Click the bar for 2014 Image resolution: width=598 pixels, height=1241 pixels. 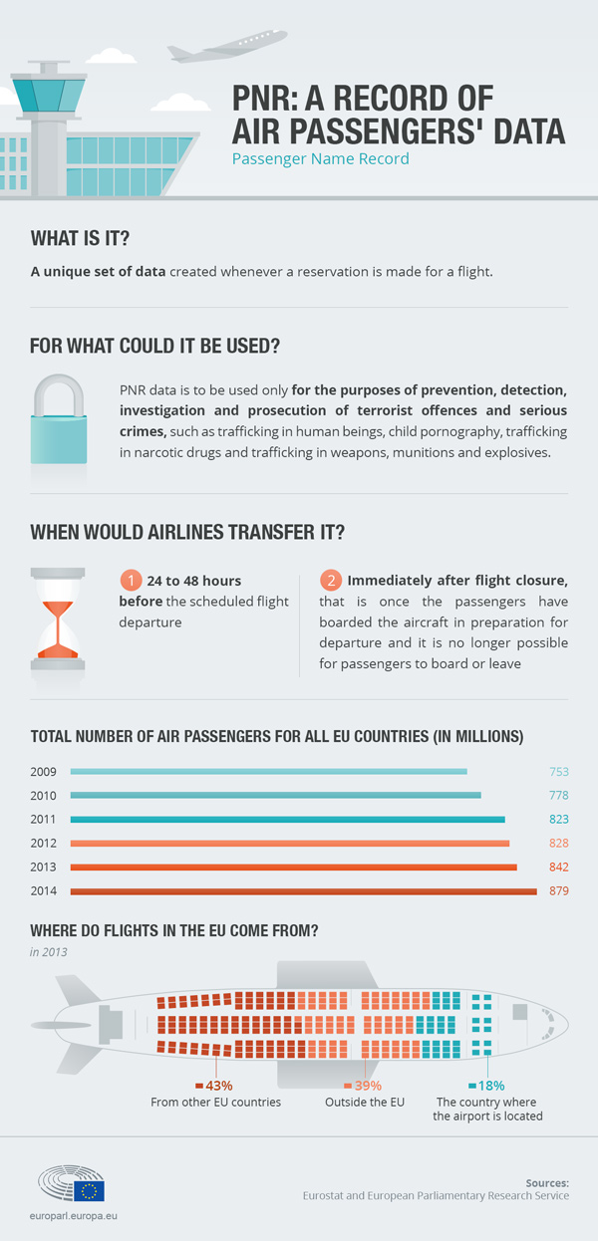point(303,891)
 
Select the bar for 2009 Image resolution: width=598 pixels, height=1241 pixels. point(269,772)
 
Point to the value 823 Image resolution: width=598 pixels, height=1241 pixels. point(559,820)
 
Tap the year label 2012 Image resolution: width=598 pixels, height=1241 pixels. point(43,844)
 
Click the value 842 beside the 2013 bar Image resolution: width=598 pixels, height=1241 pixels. point(559,868)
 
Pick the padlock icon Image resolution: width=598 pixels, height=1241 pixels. point(58,419)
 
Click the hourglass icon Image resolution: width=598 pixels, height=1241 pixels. point(58,619)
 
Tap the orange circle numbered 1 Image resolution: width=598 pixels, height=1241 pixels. point(131,580)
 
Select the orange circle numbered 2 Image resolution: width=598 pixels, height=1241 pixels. point(331,580)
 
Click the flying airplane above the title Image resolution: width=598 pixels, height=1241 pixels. point(227,46)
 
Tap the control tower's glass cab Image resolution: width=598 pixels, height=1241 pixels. point(49,96)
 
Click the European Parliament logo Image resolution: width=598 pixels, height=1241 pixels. point(71,1183)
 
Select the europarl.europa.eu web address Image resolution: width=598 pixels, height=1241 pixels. point(73,1216)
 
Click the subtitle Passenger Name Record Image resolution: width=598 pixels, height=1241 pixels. point(320,159)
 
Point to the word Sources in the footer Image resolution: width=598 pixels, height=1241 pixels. point(547,1183)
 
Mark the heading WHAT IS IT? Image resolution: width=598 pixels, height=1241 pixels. point(80,238)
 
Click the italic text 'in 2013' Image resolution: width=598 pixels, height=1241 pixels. point(48,952)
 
